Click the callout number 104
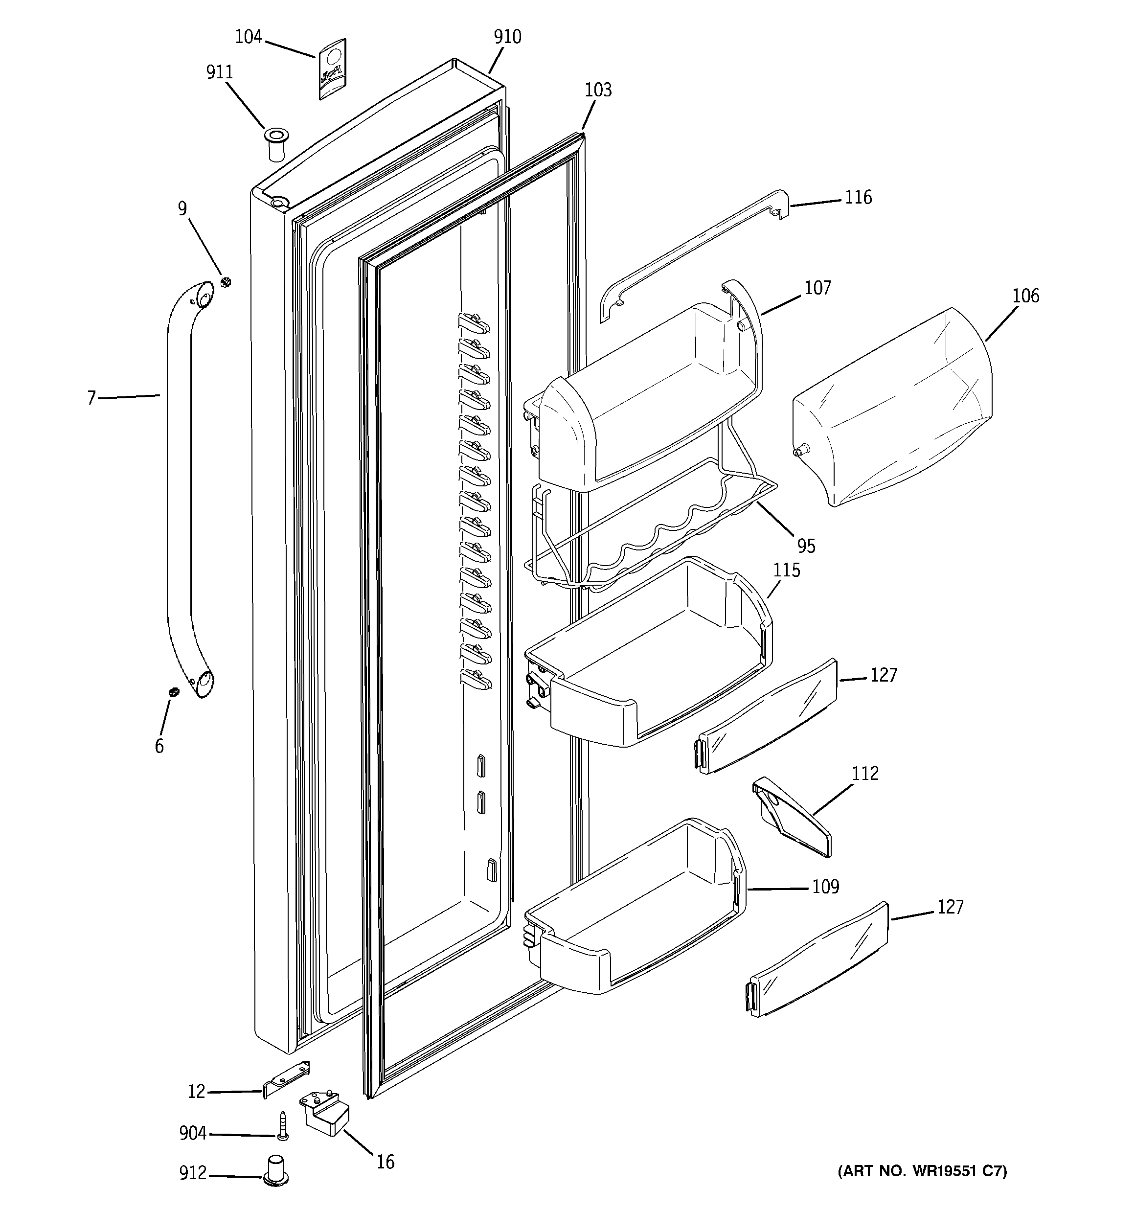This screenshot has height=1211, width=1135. pyautogui.click(x=248, y=37)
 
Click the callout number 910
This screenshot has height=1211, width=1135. pyautogui.click(x=507, y=37)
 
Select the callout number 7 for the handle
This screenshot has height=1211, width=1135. pyautogui.click(x=92, y=398)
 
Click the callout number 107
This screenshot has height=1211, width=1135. pyautogui.click(x=817, y=288)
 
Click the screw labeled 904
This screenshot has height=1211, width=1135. pyautogui.click(x=282, y=1126)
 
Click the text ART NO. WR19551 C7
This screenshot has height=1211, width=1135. pyautogui.click(x=922, y=1171)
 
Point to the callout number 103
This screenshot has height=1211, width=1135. pyautogui.click(x=598, y=90)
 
